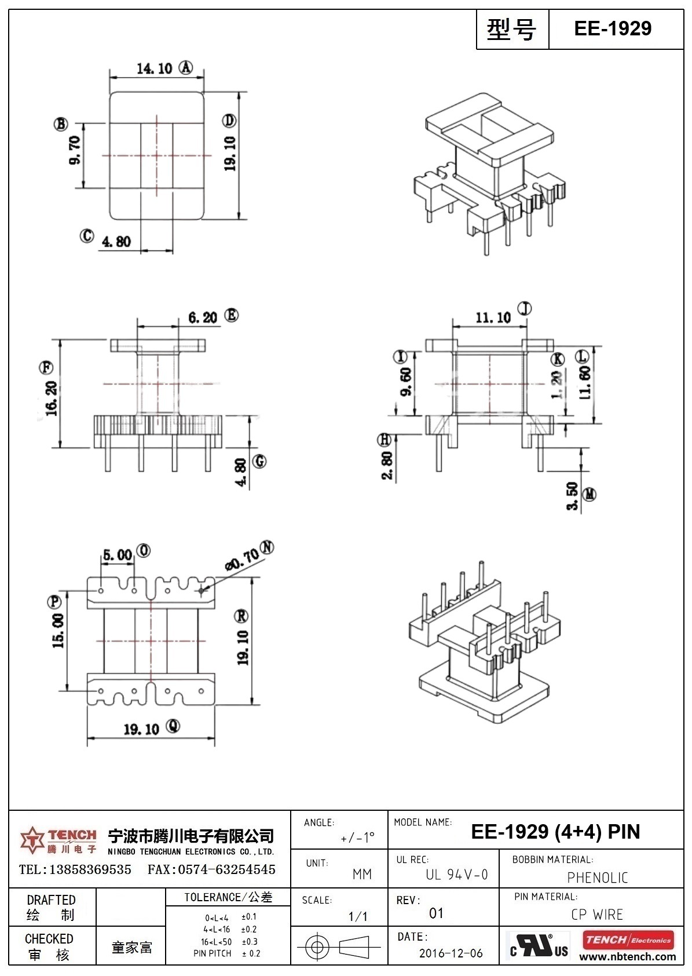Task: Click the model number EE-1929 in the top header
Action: point(612,28)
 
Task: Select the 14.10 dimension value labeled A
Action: point(154,68)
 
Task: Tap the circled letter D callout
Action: point(229,121)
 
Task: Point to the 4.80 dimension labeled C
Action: point(116,241)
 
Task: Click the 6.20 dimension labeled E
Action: point(202,317)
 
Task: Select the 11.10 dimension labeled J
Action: point(493,318)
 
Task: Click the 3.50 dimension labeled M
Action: point(572,496)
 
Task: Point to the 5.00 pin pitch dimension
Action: point(117,555)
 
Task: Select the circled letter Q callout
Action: point(173,726)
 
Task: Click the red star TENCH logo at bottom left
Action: point(31,840)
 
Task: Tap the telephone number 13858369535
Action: point(90,869)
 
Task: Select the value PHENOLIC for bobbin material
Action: point(597,877)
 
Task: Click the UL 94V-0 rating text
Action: point(456,875)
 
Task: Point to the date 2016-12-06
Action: point(451,953)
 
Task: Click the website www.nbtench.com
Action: point(627,957)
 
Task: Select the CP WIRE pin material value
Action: point(596,915)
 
